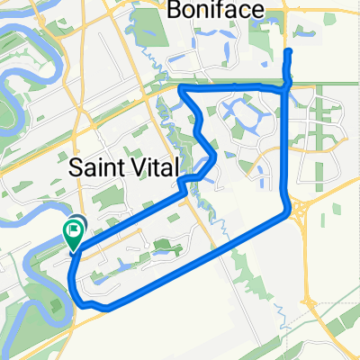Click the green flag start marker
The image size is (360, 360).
(71, 235)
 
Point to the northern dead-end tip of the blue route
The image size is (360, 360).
(288, 53)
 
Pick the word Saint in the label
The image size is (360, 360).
(94, 167)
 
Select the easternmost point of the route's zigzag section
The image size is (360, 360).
(217, 160)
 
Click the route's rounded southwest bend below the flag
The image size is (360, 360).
(76, 296)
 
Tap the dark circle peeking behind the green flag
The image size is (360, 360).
(79, 229)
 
